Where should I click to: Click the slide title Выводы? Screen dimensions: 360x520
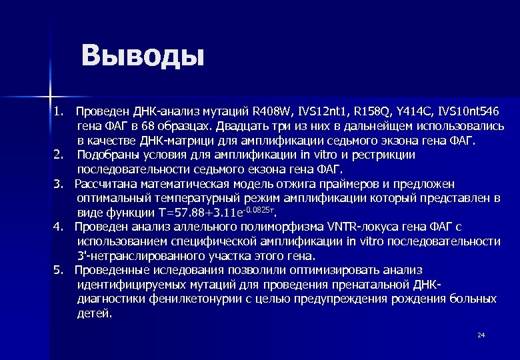[142, 56]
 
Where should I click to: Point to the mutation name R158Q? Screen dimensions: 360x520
[371, 111]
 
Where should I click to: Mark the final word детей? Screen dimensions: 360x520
[95, 313]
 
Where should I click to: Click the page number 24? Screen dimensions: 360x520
[481, 335]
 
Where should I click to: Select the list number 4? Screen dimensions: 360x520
[58, 227]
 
